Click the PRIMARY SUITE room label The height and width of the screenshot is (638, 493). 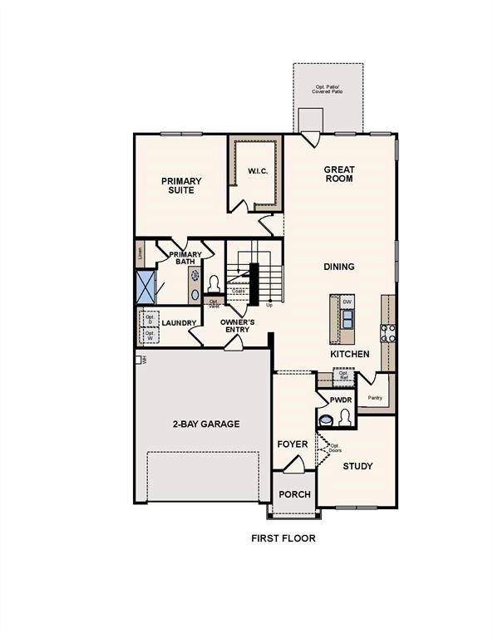click(x=181, y=185)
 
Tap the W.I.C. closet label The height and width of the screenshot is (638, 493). click(x=256, y=172)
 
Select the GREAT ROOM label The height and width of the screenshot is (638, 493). click(x=338, y=174)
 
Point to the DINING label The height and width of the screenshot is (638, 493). click(x=339, y=267)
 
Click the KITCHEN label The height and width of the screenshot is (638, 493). click(x=350, y=354)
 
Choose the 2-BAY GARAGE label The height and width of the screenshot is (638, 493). click(x=206, y=424)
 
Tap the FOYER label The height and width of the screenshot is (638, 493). click(x=293, y=444)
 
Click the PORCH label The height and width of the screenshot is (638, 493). click(x=294, y=494)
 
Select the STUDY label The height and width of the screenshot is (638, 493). click(x=357, y=466)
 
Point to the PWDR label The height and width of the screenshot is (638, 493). click(x=341, y=400)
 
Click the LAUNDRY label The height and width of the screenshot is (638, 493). click(x=179, y=323)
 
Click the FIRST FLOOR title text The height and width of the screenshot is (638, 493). click(x=283, y=537)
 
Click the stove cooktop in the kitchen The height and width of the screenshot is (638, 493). click(x=387, y=332)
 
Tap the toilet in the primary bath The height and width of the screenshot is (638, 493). click(x=213, y=285)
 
